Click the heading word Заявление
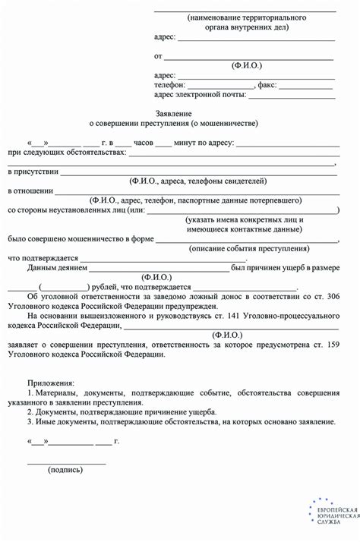(179, 112)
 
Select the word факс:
(269, 85)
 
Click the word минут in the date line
(185, 142)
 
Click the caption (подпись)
(65, 470)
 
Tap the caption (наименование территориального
(247, 16)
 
